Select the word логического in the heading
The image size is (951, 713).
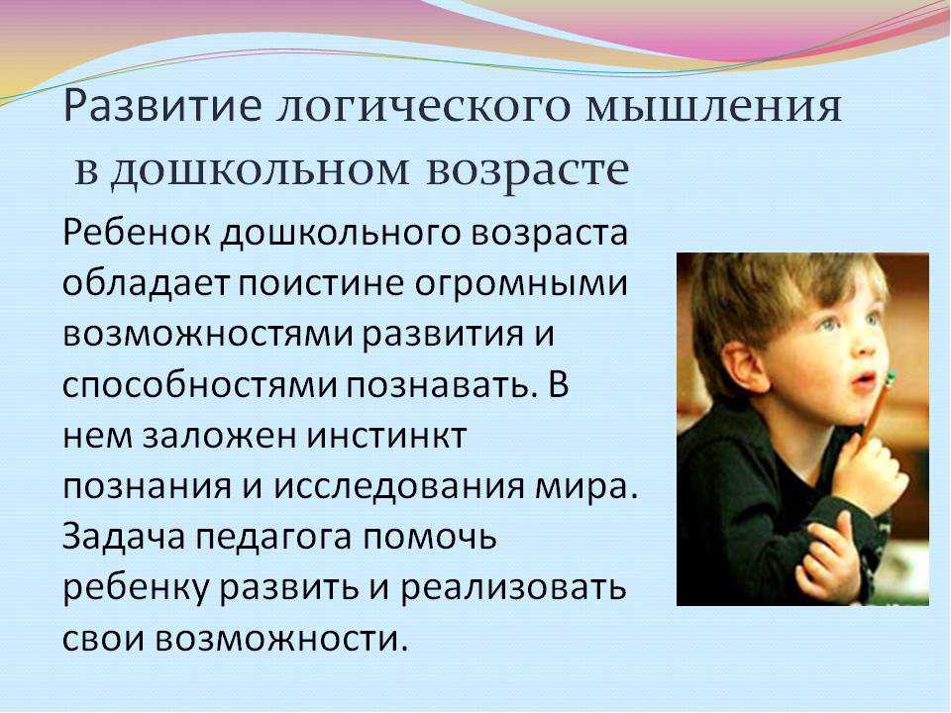pyautogui.click(x=423, y=107)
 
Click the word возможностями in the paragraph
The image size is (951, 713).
pyautogui.click(x=207, y=335)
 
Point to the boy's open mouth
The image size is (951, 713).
pyautogui.click(x=865, y=381)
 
